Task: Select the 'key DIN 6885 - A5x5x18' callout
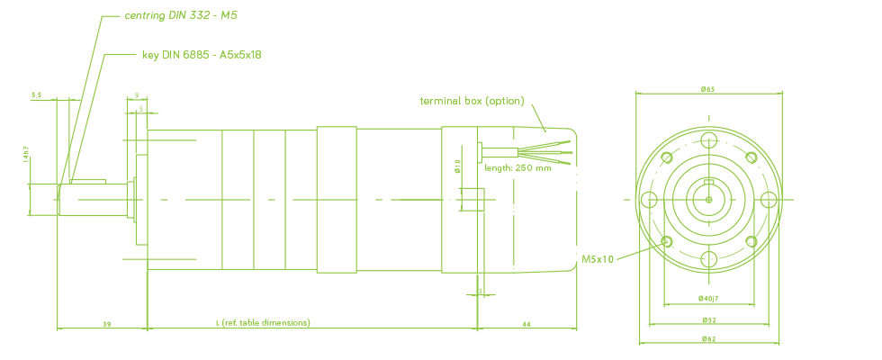[x=201, y=55]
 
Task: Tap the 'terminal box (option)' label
[x=472, y=101]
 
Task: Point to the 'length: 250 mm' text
[x=518, y=167]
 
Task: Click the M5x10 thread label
[x=597, y=259]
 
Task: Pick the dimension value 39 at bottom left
[x=106, y=322]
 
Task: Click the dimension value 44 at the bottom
[x=526, y=322]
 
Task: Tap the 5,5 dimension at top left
[x=36, y=94]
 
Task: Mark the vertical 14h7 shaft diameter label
[x=26, y=156]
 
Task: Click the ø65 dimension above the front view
[x=708, y=89]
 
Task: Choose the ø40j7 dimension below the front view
[x=708, y=298]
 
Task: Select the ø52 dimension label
[x=708, y=319]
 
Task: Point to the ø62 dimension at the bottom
[x=708, y=338]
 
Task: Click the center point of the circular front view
[x=708, y=199]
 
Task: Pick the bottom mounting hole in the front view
[x=708, y=259]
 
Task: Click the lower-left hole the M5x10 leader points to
[x=666, y=241]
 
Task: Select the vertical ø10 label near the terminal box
[x=457, y=166]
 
